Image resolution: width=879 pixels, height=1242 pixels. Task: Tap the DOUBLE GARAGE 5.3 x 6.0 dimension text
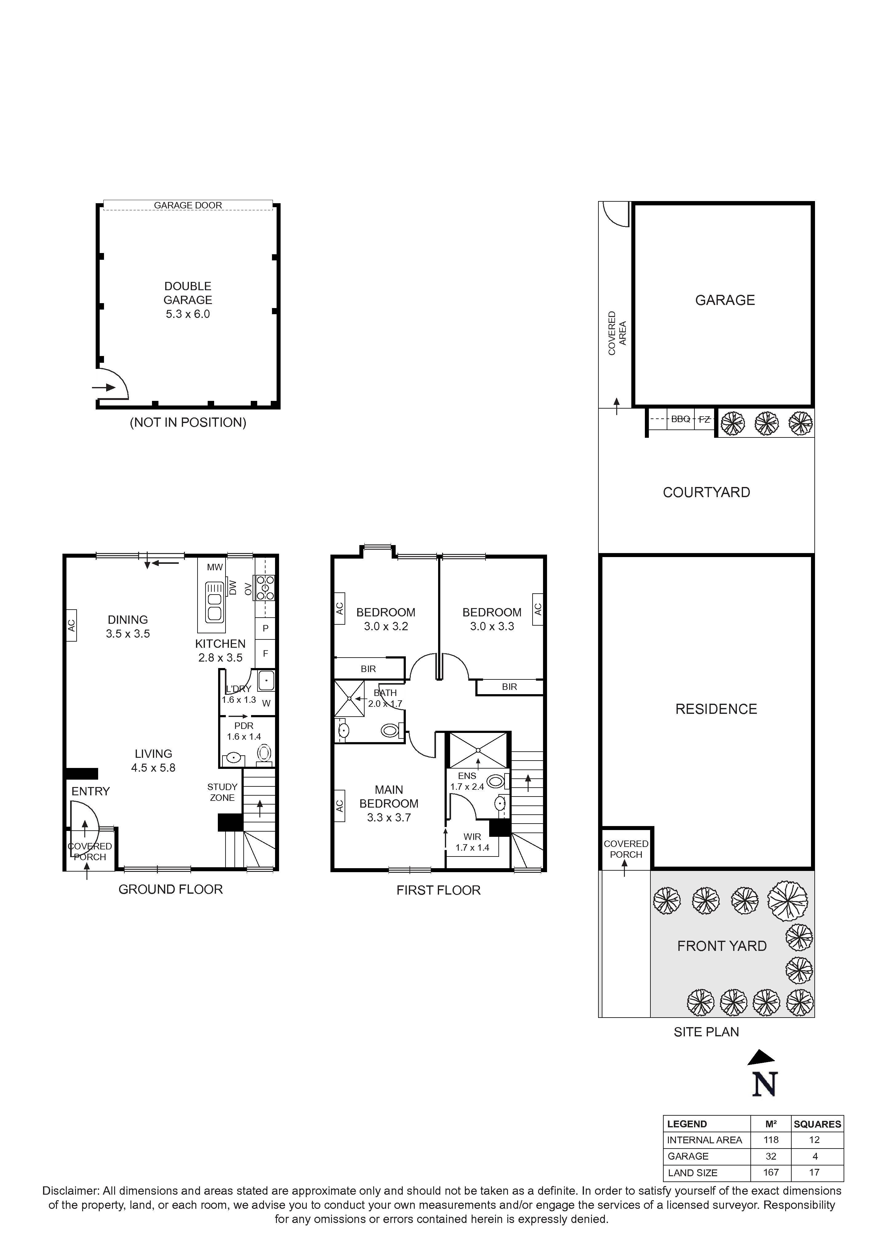point(188,314)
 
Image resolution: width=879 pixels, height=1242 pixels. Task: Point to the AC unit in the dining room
point(71,625)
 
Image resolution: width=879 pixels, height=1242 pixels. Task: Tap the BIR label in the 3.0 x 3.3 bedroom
point(509,687)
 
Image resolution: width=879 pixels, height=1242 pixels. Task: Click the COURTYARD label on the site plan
point(706,492)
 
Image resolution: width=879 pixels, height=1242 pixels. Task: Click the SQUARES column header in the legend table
point(817,1124)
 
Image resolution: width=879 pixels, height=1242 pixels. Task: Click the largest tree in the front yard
point(788,901)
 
